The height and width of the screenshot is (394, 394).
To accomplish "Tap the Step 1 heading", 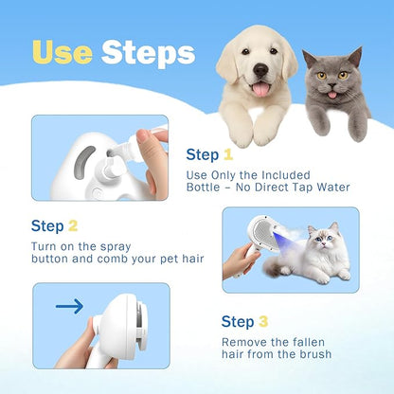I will [x=209, y=155].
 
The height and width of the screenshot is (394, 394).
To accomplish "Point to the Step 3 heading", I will [x=250, y=322].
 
